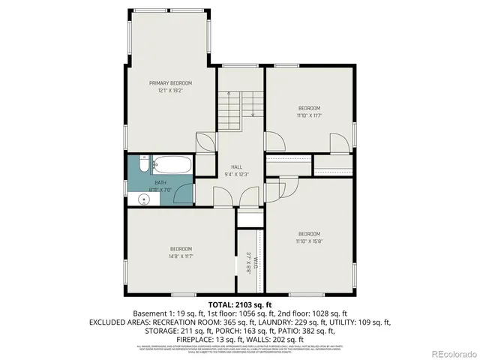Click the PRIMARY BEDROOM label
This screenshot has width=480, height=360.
(x=170, y=82)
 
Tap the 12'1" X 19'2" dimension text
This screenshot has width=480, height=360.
(x=170, y=90)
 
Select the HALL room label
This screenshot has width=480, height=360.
(x=236, y=166)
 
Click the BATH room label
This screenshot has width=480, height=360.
(x=160, y=182)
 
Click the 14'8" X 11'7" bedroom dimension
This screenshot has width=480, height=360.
(x=181, y=256)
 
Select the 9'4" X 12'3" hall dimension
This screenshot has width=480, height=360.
(x=236, y=174)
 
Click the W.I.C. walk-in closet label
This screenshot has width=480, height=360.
(x=255, y=262)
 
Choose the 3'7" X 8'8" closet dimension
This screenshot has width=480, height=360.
(x=247, y=262)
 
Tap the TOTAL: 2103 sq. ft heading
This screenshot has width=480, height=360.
(x=239, y=304)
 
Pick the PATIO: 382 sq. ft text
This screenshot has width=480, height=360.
(x=309, y=329)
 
